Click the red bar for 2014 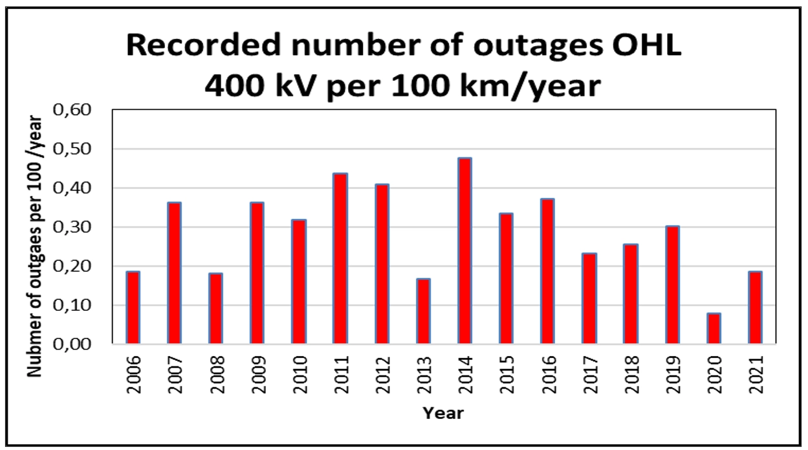[x=464, y=251]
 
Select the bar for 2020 [x=714, y=328]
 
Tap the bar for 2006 [x=133, y=308]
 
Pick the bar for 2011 [x=340, y=258]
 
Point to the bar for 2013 [x=423, y=311]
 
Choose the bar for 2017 [x=589, y=298]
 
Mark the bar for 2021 [x=755, y=308]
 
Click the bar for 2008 [x=215, y=308]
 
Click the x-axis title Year [x=443, y=412]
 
